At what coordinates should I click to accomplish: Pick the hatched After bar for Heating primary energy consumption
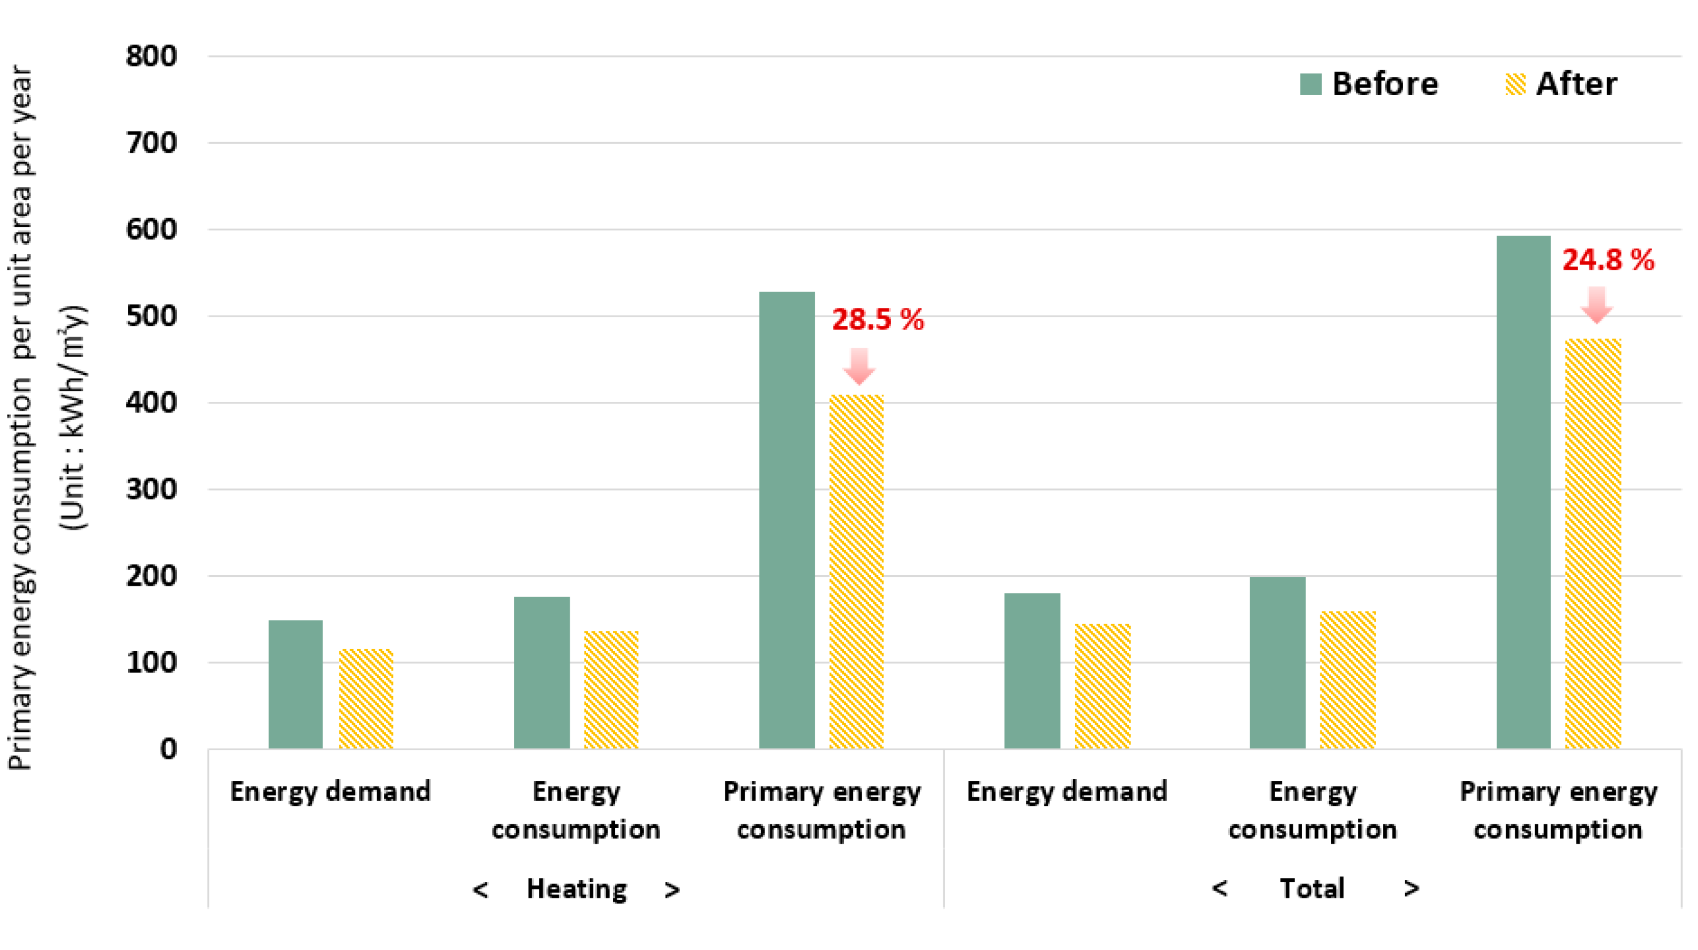pyautogui.click(x=856, y=572)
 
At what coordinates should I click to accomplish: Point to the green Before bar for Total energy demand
pyautogui.click(x=1031, y=670)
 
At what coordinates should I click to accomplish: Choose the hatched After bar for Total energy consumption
pyautogui.click(x=1347, y=680)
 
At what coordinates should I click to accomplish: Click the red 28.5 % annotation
pyautogui.click(x=877, y=320)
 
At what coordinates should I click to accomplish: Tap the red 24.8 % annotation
pyautogui.click(x=1608, y=260)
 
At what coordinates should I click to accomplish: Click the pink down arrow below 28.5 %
pyautogui.click(x=859, y=366)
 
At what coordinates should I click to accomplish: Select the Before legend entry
pyautogui.click(x=1369, y=85)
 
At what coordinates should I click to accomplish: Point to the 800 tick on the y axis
pyautogui.click(x=151, y=56)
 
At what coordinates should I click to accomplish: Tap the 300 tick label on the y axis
pyautogui.click(x=151, y=489)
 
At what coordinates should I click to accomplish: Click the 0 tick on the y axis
pyautogui.click(x=168, y=749)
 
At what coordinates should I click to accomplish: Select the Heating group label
pyautogui.click(x=576, y=889)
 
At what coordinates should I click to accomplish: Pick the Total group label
pyautogui.click(x=1312, y=889)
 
